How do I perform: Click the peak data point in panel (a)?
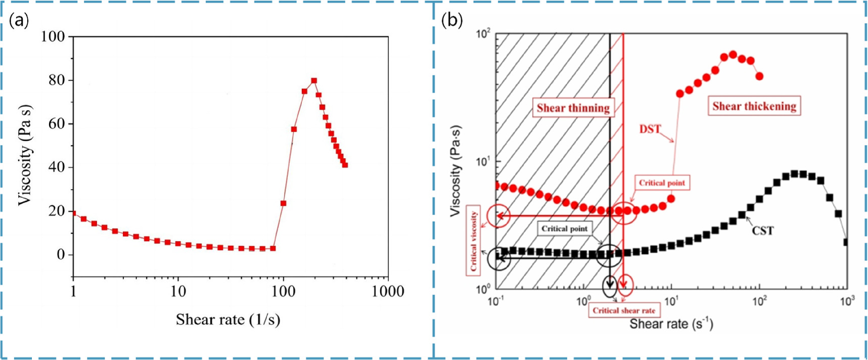point(314,80)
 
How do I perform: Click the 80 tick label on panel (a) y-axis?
point(57,80)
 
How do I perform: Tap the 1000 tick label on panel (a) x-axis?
point(387,292)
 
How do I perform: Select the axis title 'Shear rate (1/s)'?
point(228,320)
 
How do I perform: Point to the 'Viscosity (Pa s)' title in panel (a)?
point(25,155)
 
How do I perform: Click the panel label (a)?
point(19,21)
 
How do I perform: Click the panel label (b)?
point(452,21)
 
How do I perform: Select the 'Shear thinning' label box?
point(573,108)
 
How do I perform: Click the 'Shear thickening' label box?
point(754,106)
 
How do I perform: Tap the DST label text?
point(650,129)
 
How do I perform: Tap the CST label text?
point(762,231)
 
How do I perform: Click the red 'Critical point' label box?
point(662,183)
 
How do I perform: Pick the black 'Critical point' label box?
point(564,229)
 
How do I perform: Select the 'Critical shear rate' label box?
point(624,310)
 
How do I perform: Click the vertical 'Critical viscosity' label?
point(474,241)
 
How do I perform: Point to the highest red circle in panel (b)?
point(733,55)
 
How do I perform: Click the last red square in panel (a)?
point(345,165)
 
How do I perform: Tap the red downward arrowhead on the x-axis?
point(625,284)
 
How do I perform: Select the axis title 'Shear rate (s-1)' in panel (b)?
point(671,324)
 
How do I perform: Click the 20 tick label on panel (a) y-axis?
point(57,211)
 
